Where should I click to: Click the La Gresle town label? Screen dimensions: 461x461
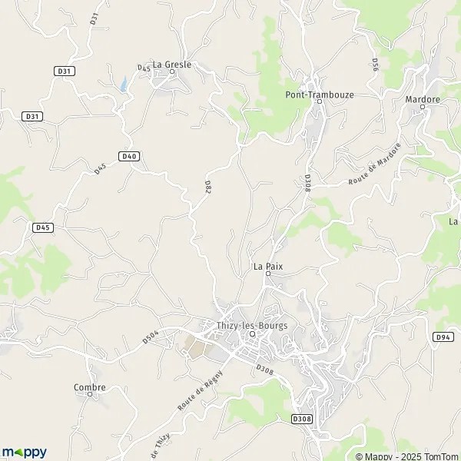pyautogui.click(x=171, y=65)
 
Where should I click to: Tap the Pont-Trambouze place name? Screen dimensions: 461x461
pyautogui.click(x=319, y=95)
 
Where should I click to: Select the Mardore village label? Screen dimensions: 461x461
pyautogui.click(x=422, y=99)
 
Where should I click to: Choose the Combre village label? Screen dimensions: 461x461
pyautogui.click(x=89, y=387)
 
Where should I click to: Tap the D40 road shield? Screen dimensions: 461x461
pyautogui.click(x=129, y=156)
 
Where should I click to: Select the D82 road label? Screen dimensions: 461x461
pyautogui.click(x=208, y=187)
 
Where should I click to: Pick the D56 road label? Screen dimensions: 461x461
pyautogui.click(x=375, y=65)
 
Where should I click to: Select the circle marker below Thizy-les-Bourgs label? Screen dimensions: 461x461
pyautogui.click(x=251, y=333)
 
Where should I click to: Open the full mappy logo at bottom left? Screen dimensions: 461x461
pyautogui.click(x=24, y=452)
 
